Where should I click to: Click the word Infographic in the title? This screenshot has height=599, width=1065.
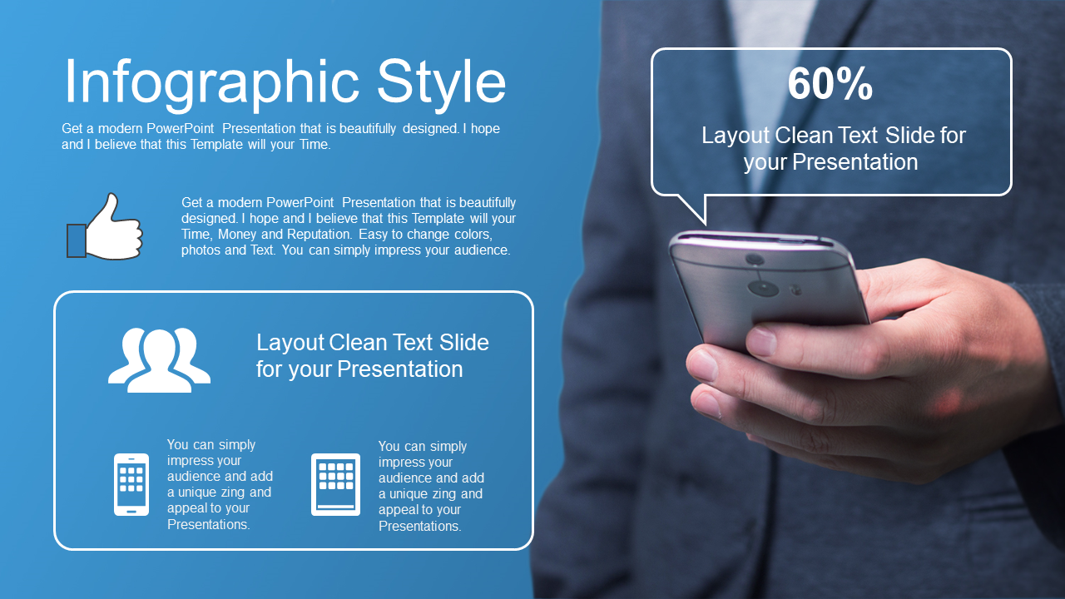tap(211, 82)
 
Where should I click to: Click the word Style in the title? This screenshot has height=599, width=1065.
tap(441, 82)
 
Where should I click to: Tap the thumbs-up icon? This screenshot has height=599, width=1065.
tap(105, 227)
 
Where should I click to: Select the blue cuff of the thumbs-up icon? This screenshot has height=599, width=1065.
tap(76, 241)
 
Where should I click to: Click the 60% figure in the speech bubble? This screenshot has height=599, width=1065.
tap(830, 84)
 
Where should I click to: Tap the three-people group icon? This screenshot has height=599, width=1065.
tap(159, 360)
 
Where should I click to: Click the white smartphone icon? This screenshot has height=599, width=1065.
tap(131, 484)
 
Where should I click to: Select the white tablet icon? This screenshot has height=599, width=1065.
tap(335, 484)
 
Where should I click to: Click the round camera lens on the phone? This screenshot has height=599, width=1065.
tap(763, 287)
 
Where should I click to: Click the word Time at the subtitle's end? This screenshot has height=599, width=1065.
tap(315, 145)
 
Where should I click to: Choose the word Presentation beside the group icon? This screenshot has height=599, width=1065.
tap(400, 369)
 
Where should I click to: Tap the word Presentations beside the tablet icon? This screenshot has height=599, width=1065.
tap(420, 527)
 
